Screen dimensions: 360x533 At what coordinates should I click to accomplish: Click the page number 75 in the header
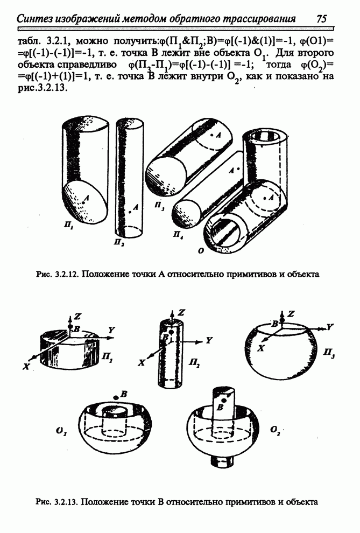tap(321, 18)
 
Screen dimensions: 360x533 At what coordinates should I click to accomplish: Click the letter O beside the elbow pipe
tap(201, 251)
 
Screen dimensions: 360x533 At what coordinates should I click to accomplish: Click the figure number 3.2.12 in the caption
tap(66, 274)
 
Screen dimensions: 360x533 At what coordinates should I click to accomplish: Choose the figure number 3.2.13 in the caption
tap(66, 502)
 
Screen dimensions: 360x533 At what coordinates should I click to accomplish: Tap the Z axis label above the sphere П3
tap(291, 314)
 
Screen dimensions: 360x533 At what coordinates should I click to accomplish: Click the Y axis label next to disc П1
tap(111, 329)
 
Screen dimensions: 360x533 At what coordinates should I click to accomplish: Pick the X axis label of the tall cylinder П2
tap(142, 363)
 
